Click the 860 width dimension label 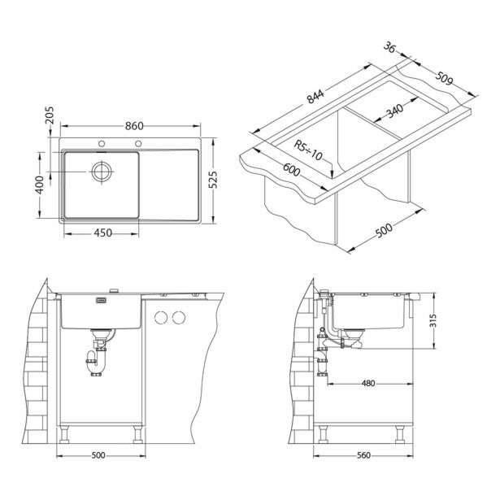pyautogui.click(x=134, y=126)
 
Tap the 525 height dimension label pyautogui.click(x=214, y=180)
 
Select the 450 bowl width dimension pyautogui.click(x=102, y=233)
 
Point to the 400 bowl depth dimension pyautogui.click(x=40, y=185)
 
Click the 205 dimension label pyautogui.click(x=50, y=115)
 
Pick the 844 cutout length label pyautogui.click(x=315, y=97)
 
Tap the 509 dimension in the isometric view pyautogui.click(x=445, y=78)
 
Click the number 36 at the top pyautogui.click(x=389, y=48)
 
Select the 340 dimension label pyautogui.click(x=395, y=111)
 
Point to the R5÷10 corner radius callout pyautogui.click(x=308, y=150)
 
